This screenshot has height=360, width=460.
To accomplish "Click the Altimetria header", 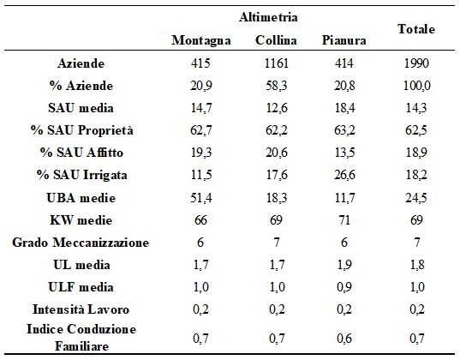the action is [268, 17].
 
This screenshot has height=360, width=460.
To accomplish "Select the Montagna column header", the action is [201, 40].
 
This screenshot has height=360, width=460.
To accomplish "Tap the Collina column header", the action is [276, 40].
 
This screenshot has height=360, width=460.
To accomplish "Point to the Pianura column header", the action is [344, 40].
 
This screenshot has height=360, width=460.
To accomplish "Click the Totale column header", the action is [416, 29].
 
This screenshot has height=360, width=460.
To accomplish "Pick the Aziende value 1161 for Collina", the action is [276, 63].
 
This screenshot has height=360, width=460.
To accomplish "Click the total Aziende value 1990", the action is [416, 63].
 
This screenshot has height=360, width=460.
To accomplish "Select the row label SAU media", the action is [81, 108].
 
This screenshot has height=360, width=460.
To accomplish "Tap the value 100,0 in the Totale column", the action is [417, 86].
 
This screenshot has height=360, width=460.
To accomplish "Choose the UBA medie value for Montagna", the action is [201, 198].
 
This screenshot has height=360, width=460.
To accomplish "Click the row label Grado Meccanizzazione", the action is [81, 243].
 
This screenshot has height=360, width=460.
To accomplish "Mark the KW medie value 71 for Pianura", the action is [344, 220].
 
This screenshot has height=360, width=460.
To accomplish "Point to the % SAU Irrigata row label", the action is [82, 175].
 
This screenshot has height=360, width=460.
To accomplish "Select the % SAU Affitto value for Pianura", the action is [344, 153].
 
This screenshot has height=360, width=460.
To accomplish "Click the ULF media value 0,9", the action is [344, 287].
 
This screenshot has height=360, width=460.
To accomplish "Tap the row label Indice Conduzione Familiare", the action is [81, 338].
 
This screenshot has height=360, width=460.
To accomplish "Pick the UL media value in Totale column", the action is [417, 265].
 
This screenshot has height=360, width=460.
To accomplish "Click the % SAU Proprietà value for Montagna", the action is [201, 130].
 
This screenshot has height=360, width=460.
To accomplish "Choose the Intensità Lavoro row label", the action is [81, 309].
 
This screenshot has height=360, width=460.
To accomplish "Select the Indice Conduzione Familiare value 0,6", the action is [344, 339].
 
